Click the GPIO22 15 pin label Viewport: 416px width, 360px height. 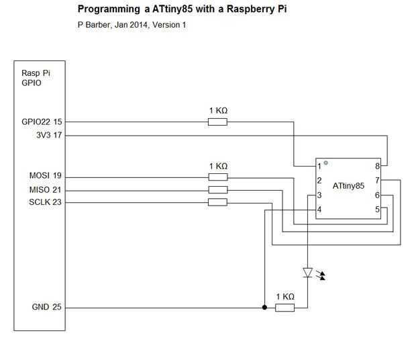[42, 122]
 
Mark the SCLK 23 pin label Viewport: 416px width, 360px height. [46, 202]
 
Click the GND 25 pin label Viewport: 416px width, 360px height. [47, 308]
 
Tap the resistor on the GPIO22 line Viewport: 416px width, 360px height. [217, 122]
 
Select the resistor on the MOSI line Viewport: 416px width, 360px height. [217, 177]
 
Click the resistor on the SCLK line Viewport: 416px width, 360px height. [217, 202]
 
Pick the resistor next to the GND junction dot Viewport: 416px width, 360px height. [284, 308]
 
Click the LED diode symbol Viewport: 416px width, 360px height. [308, 273]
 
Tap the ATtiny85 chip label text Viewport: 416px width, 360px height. [348, 186]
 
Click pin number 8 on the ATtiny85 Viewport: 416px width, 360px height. [378, 165]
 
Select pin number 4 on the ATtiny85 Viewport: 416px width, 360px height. [319, 210]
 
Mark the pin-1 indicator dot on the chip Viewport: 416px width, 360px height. [326, 163]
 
